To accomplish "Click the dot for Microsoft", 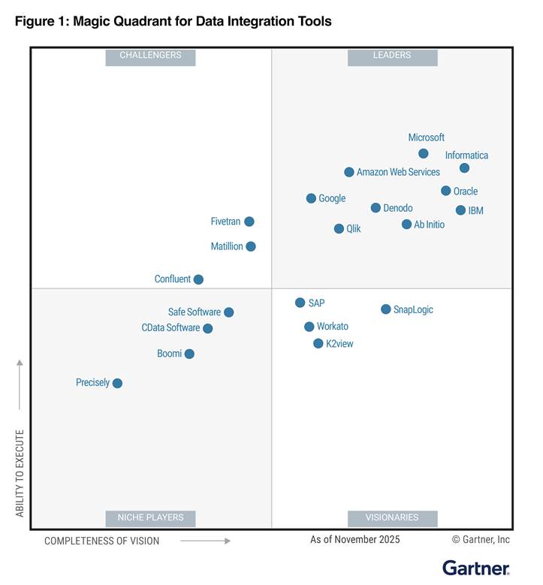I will [424, 153].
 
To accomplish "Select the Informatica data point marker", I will [464, 168].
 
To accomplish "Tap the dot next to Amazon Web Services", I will [349, 172].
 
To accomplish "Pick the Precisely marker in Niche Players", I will [117, 383].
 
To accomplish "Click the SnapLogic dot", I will [386, 309].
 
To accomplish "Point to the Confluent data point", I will [198, 279].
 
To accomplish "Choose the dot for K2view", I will [318, 343].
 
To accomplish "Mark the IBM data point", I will [460, 210].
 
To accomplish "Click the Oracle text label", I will [466, 191].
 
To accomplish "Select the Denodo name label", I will [398, 208].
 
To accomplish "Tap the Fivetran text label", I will [225, 222].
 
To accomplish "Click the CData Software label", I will [170, 328].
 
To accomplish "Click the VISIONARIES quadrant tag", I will [392, 517].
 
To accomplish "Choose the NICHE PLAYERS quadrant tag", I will [150, 517].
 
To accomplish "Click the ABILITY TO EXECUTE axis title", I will [20, 473].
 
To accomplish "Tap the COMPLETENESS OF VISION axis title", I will [101, 541].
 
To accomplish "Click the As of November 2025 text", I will [355, 539].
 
